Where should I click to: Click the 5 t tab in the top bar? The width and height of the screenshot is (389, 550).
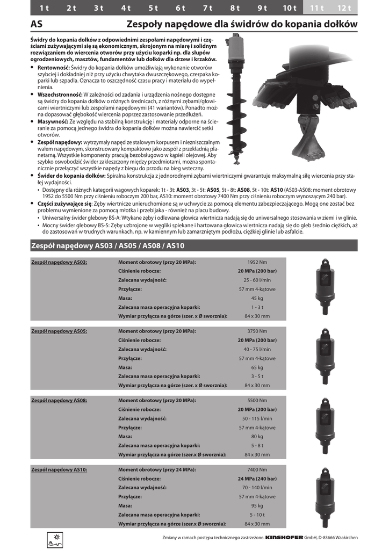tap(153, 8)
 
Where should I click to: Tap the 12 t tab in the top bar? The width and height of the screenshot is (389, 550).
tap(344, 8)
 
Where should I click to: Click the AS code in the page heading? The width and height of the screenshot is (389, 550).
tap(37, 24)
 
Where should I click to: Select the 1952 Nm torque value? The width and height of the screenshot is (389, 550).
tap(257, 262)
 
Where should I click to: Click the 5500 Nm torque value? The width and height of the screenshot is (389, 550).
tap(257, 400)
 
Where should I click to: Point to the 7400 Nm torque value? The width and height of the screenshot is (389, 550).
tap(257, 469)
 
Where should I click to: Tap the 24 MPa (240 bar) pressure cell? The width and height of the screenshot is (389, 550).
tap(257, 479)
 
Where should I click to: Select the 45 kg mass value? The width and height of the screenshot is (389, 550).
tap(257, 298)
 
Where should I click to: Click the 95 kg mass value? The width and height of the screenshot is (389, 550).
tap(257, 505)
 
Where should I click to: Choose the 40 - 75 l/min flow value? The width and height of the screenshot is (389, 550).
tap(257, 349)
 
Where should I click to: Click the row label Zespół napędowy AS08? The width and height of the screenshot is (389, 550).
tap(59, 400)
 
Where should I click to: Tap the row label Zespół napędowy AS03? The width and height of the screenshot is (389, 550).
tap(59, 262)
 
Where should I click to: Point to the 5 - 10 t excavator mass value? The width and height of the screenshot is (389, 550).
tap(257, 515)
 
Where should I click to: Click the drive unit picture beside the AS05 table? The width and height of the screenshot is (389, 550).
tap(325, 356)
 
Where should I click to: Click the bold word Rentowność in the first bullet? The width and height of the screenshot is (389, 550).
tap(54, 68)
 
